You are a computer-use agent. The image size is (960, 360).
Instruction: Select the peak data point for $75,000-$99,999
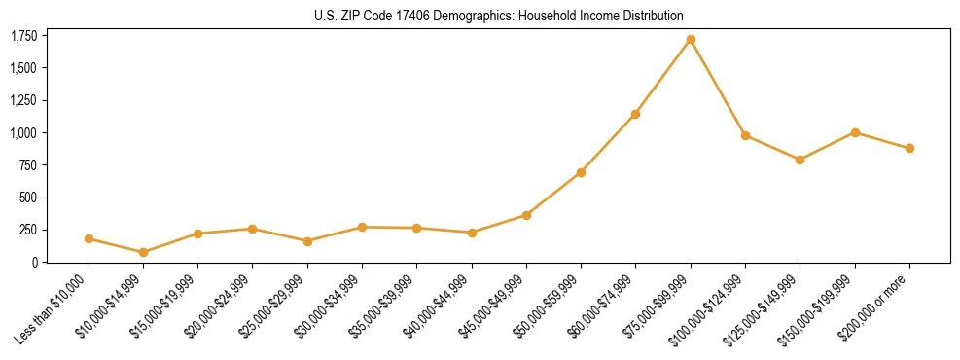coord(691,40)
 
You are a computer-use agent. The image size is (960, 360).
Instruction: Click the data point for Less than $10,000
coord(89,238)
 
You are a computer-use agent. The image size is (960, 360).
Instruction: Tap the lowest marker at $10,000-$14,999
coord(144,252)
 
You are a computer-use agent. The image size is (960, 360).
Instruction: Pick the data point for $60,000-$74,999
coord(635,114)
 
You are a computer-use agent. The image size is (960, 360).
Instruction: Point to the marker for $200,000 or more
coord(909,148)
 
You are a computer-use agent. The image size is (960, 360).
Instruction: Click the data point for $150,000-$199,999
coord(855,132)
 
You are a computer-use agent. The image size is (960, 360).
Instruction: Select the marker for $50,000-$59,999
coord(581,172)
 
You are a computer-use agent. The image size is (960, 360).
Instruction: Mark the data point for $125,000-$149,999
coord(800,160)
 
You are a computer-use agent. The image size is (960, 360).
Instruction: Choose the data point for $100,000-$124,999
coord(745,135)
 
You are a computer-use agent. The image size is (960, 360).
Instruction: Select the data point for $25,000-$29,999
coord(307,241)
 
